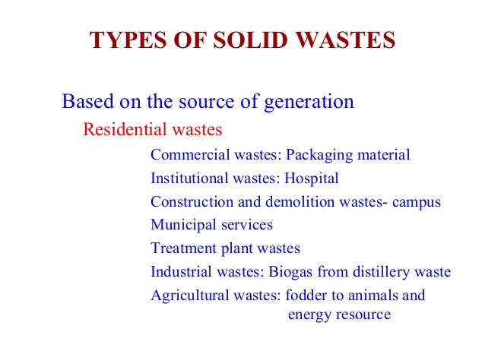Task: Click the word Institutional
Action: (x=188, y=179)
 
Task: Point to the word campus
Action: (x=417, y=203)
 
